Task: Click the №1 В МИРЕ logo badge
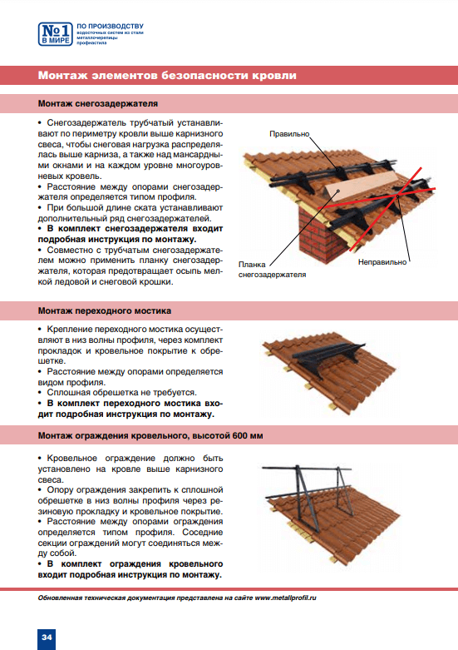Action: [56, 34]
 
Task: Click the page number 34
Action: [47, 638]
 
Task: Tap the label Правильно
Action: [289, 134]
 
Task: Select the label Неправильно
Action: [382, 262]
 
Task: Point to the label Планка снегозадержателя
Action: [272, 270]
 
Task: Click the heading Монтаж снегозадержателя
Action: [98, 104]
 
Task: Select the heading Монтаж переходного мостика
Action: [105, 311]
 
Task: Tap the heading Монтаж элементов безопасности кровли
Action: [167, 76]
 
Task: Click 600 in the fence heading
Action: [240, 435]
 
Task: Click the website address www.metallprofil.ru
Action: [285, 598]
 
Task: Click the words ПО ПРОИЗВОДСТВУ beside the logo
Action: [111, 27]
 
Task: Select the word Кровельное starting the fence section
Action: [72, 459]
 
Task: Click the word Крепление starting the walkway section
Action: [70, 330]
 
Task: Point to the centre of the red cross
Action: [396, 196]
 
